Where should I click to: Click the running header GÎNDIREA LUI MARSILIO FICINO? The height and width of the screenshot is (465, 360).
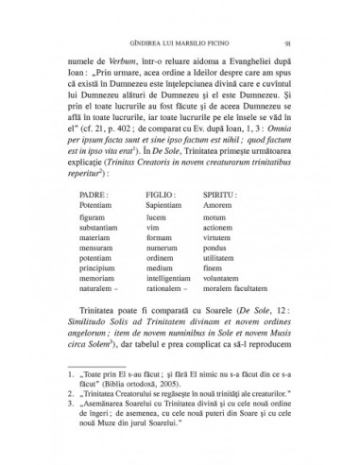pyautogui.click(x=180, y=43)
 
